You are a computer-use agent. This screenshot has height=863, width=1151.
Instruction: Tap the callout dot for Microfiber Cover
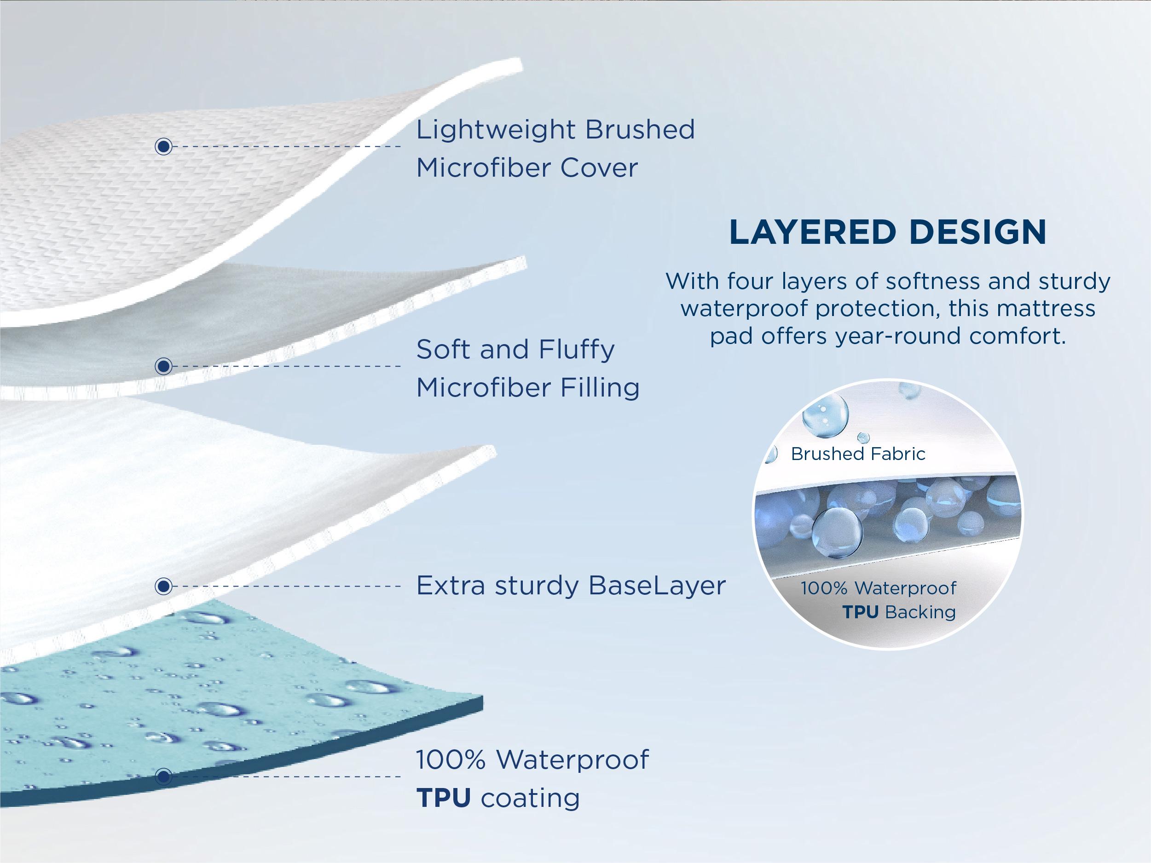(x=164, y=147)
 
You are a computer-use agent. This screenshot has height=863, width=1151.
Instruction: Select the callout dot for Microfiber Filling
(x=164, y=366)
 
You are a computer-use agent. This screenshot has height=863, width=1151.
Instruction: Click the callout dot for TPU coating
(x=164, y=777)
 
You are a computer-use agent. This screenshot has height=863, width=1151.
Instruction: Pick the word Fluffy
(x=577, y=350)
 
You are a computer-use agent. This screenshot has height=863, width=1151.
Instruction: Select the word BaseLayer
(x=657, y=586)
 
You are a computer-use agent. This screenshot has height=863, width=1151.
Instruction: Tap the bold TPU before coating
(x=443, y=798)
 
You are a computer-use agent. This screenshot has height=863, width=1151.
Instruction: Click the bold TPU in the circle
(x=860, y=612)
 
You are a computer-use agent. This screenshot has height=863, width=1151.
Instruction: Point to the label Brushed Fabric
(x=858, y=454)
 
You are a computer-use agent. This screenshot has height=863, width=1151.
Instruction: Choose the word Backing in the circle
(x=920, y=612)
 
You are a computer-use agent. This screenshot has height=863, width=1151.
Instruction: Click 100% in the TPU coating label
(x=451, y=760)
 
